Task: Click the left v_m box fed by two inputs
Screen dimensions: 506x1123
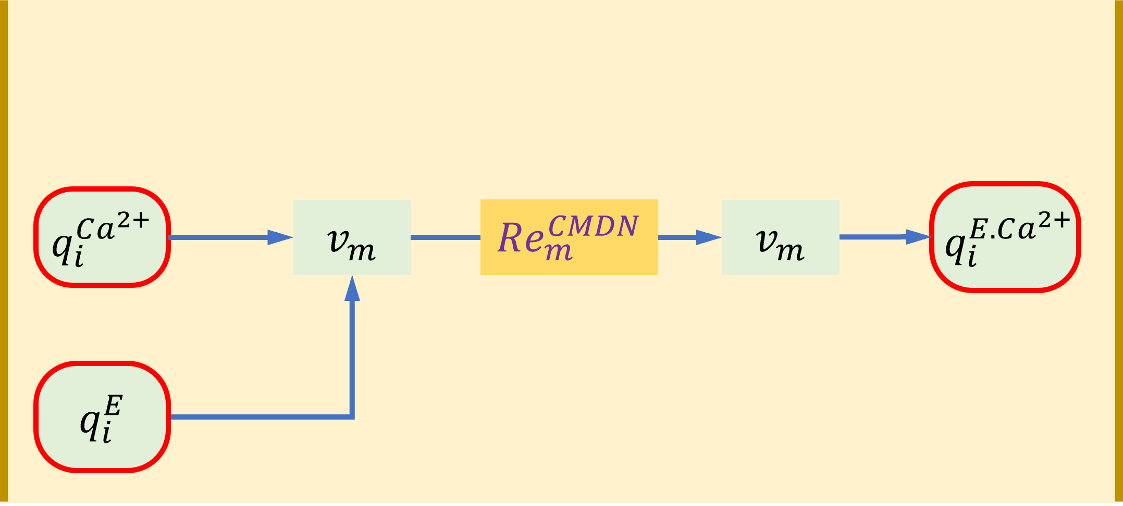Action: [352, 237]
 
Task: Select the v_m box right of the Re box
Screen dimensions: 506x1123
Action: [780, 237]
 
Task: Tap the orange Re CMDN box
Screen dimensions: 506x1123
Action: [569, 237]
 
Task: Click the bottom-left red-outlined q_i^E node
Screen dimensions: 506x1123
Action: [102, 416]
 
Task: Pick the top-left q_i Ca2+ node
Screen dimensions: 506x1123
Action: [102, 237]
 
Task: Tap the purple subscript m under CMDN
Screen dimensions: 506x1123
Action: [559, 251]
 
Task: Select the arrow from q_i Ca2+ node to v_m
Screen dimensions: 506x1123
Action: [229, 237]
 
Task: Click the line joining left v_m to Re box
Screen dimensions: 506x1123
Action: [445, 237]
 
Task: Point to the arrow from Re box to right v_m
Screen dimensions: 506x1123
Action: [689, 237]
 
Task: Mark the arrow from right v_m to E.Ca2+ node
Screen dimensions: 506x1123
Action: [884, 237]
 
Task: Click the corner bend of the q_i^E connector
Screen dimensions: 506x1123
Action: [353, 416]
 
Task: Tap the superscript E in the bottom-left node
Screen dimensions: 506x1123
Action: [114, 406]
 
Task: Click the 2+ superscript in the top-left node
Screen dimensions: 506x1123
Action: [133, 222]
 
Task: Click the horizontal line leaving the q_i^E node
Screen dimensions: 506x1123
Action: [261, 416]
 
